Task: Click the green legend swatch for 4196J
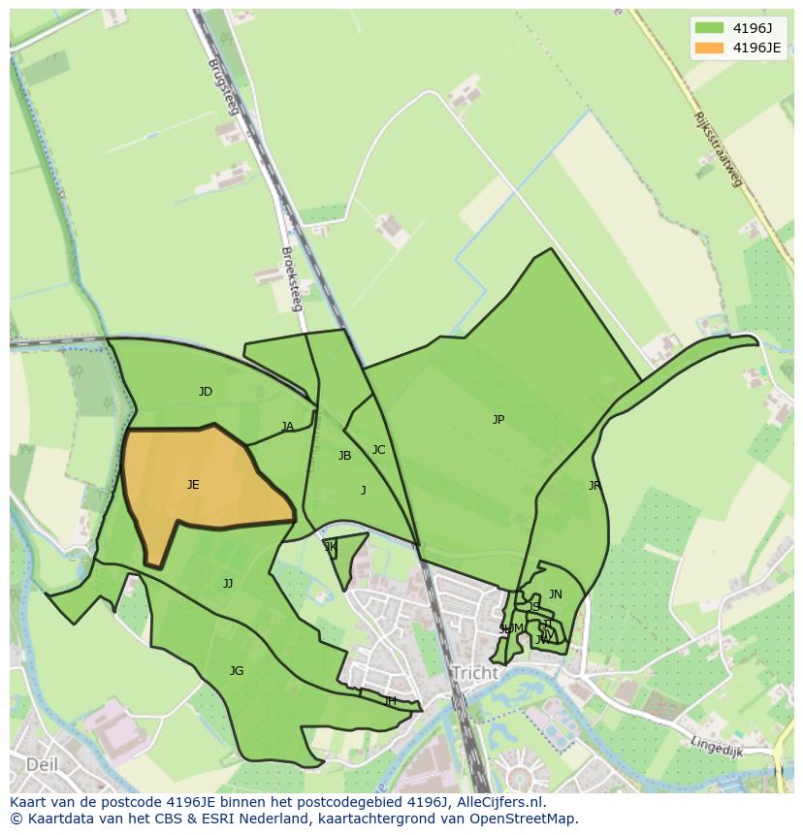tap(709, 28)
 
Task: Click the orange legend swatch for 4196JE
tap(709, 48)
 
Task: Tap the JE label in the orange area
tap(193, 485)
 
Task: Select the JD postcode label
tap(206, 392)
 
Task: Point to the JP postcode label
tap(498, 420)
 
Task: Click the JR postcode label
tap(594, 486)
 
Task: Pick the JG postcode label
tap(237, 671)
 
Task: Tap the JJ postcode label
tap(228, 584)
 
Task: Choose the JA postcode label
tap(287, 427)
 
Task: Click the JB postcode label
tap(344, 456)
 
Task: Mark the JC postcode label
tap(378, 450)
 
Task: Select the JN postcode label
tap(556, 594)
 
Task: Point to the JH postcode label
tap(390, 701)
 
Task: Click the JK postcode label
tap(331, 547)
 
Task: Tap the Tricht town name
tap(474, 673)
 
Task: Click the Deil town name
tap(42, 764)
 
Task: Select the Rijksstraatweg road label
tap(718, 148)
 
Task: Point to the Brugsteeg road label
tap(222, 87)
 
